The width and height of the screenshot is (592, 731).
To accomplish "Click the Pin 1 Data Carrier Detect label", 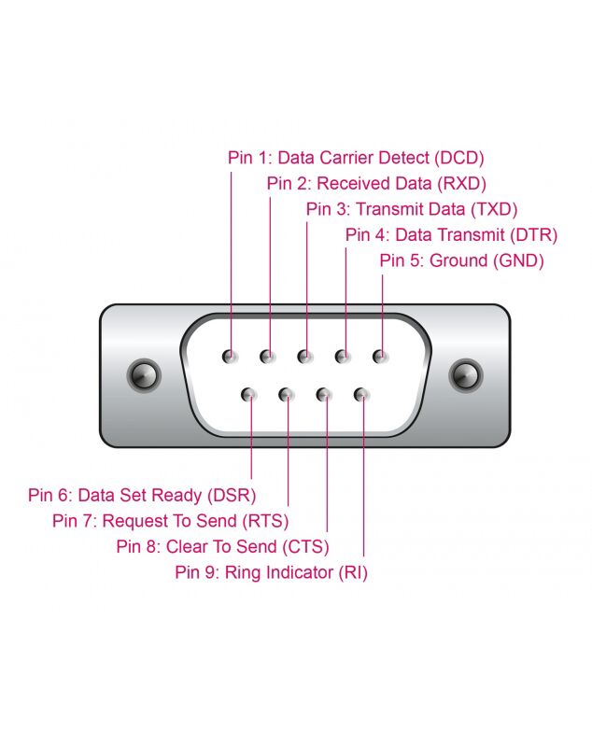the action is click(x=356, y=158).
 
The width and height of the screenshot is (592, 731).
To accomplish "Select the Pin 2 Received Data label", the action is click(x=376, y=184).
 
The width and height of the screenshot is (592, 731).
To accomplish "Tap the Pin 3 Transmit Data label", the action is click(x=412, y=209).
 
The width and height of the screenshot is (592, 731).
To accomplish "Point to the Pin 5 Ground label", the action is click(x=461, y=260).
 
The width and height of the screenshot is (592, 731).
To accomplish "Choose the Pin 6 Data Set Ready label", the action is click(x=142, y=495).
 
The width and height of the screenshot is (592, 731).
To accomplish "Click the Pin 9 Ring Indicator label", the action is click(x=272, y=572).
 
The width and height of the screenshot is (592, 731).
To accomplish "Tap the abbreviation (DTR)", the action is click(x=533, y=235).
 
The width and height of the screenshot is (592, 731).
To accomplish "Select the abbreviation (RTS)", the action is click(x=265, y=521).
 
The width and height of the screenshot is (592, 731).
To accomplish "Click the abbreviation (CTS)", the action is click(x=305, y=546).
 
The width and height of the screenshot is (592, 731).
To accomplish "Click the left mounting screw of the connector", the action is click(x=144, y=375).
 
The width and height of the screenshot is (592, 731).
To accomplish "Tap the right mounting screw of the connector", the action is click(x=465, y=375).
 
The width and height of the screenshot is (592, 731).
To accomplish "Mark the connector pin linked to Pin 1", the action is click(x=230, y=357).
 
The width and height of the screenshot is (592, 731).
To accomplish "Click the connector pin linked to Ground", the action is click(x=380, y=357).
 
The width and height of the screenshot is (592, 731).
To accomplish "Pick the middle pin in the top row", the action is click(x=304, y=357).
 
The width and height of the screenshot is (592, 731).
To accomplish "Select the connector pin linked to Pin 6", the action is click(x=248, y=395).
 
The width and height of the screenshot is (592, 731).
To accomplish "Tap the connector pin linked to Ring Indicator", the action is click(x=361, y=395).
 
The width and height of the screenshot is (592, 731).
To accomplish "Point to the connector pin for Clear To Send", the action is click(x=323, y=395).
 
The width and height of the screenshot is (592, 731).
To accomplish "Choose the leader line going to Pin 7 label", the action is click(x=289, y=450).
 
